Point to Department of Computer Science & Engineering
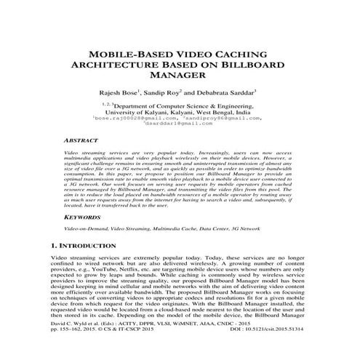[x=185, y=107]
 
